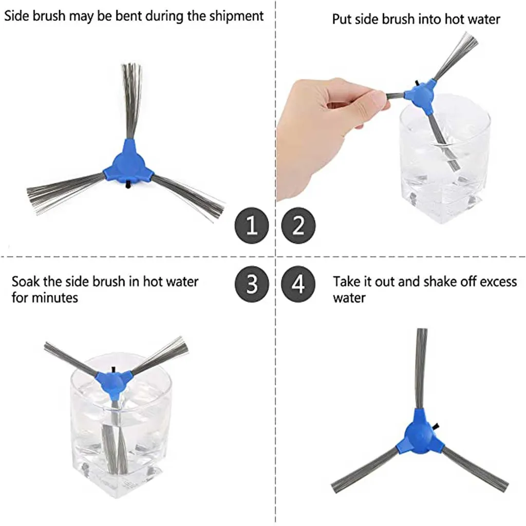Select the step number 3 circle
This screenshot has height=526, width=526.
[x=252, y=284]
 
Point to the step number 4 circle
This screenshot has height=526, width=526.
[x=298, y=284]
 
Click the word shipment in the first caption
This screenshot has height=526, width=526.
[x=237, y=16]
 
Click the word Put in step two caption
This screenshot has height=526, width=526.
[x=342, y=20]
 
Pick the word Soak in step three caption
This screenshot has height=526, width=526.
[x=25, y=281]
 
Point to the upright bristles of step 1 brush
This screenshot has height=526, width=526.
[x=131, y=98]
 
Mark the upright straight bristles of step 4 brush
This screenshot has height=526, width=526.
[x=421, y=365]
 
